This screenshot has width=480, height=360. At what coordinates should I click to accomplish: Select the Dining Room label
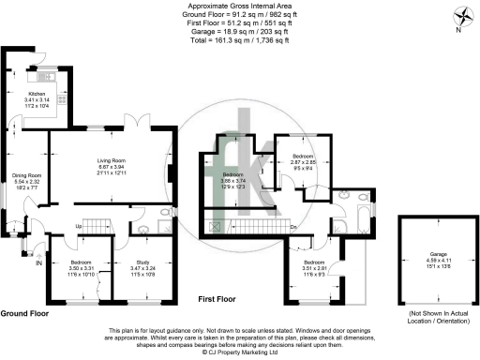(x=27, y=175)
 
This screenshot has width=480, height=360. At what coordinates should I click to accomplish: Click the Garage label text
(x=438, y=253)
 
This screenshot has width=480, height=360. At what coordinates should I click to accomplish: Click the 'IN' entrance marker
(x=38, y=263)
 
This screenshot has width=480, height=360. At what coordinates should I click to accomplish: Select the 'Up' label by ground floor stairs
(x=80, y=227)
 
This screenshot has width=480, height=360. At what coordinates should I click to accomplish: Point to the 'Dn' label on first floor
(x=294, y=227)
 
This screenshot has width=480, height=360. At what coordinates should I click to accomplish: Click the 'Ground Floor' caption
(x=25, y=313)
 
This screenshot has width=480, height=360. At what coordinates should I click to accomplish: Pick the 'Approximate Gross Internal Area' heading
(x=239, y=6)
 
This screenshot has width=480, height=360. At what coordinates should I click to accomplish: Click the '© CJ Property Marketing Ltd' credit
(x=239, y=352)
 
